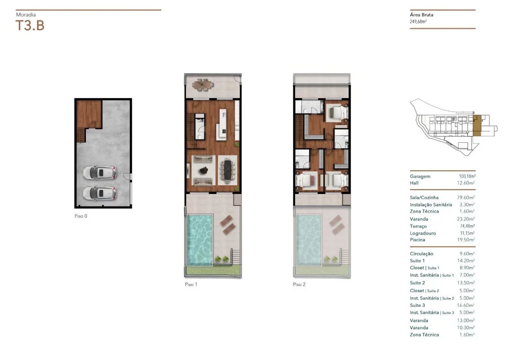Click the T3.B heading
[30, 25]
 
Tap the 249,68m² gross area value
[418, 22]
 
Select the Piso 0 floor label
[81, 216]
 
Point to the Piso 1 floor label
[191, 284]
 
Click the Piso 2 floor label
[299, 284]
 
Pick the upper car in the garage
[100, 172]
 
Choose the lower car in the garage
[100, 193]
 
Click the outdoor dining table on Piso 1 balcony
[203, 85]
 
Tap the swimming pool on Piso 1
[199, 240]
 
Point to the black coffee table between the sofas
[204, 171]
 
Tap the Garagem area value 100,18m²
[467, 176]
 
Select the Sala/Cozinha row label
[424, 197]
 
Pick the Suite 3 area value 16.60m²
[466, 305]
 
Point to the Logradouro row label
[423, 233]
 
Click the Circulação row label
[422, 254]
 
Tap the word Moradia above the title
[26, 15]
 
